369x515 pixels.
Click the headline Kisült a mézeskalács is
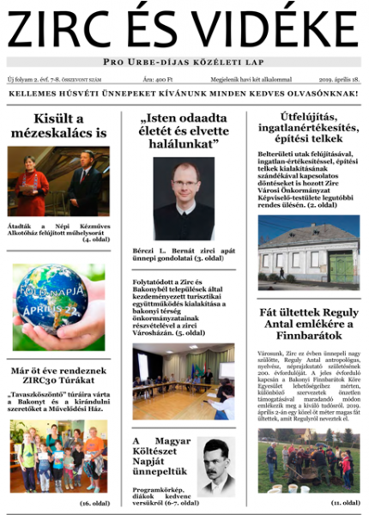pos(58,125)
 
